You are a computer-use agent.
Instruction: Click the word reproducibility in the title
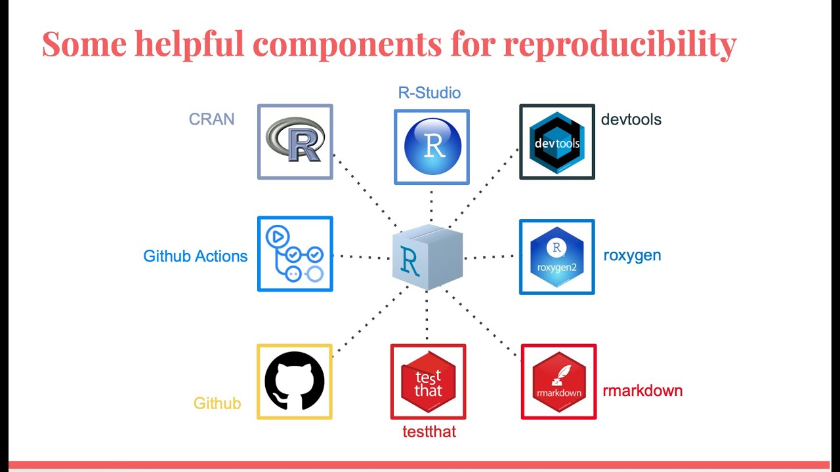(619, 45)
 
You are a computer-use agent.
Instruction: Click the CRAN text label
(211, 119)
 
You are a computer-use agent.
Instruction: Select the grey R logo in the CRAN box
(295, 142)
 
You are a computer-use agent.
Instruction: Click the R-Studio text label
(429, 92)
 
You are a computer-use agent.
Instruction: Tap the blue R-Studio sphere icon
(432, 147)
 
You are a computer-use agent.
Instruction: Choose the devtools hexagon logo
(556, 142)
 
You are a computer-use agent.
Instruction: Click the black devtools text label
(631, 119)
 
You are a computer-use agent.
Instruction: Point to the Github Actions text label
(195, 256)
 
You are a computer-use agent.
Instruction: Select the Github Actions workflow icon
(295, 254)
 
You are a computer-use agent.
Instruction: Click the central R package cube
(427, 258)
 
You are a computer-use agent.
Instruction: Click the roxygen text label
(632, 255)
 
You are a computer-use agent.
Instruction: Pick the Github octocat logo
(295, 382)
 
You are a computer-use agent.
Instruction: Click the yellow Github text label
(217, 403)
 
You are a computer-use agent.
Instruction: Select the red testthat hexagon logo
(428, 382)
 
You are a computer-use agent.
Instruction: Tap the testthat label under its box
(429, 431)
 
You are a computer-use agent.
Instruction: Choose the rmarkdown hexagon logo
(558, 382)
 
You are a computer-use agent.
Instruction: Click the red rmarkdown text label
(642, 391)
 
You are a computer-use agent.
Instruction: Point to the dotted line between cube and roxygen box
(490, 257)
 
